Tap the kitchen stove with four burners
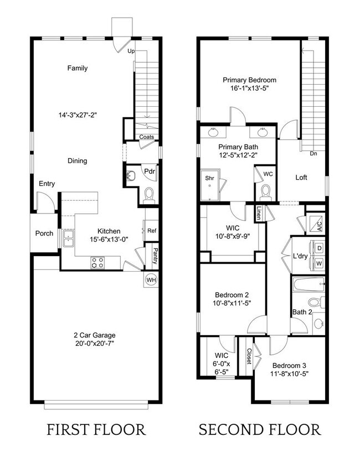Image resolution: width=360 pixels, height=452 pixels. coord(97,262)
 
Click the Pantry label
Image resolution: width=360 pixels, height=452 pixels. coord(155,256)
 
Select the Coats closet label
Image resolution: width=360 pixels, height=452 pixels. coord(147,137)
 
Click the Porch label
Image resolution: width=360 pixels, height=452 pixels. coord(44,233)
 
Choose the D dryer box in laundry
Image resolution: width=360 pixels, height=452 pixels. coord(319,249)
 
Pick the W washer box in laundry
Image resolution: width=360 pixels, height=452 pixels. coord(319,264)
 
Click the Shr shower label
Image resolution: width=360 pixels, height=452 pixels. coord(210,178)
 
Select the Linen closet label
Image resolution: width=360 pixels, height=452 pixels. coord(259,213)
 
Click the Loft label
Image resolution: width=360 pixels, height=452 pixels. coord(301,178)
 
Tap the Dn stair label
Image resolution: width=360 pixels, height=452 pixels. coord(313,154)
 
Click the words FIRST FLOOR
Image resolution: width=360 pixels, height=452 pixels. coord(96,429)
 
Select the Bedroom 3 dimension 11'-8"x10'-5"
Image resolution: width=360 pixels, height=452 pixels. coord(290,373)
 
